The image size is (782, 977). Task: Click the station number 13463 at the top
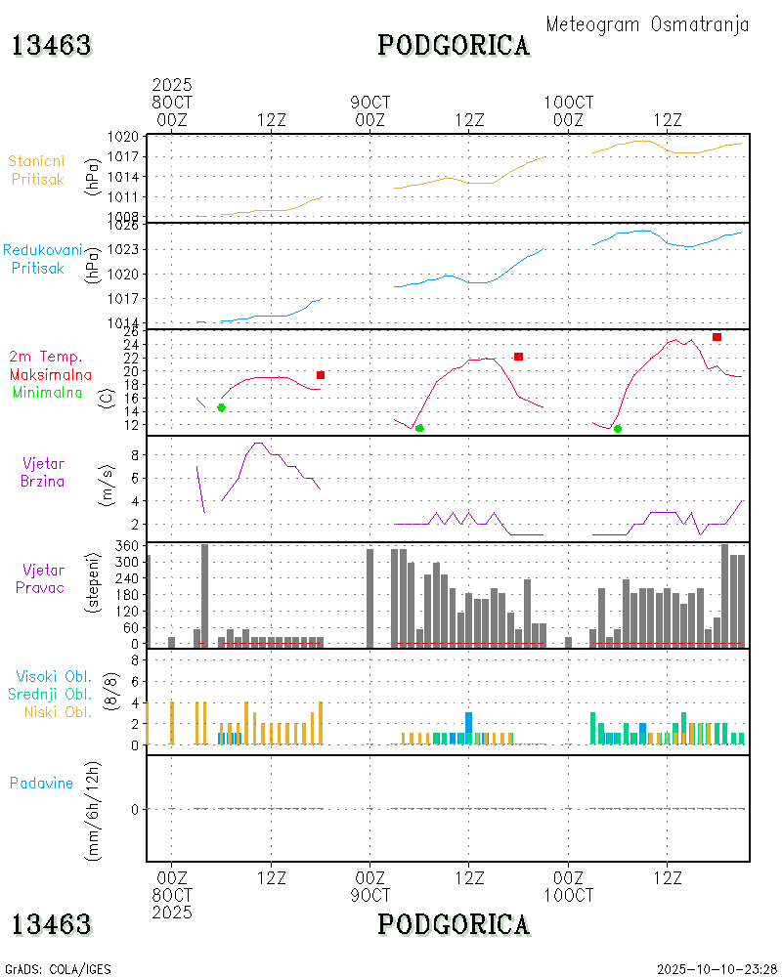(x=52, y=45)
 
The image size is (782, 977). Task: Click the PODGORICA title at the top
(x=454, y=45)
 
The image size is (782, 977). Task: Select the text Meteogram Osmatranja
(x=647, y=24)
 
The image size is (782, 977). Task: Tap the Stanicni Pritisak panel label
(x=37, y=170)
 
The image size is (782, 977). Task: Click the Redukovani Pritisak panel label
(x=41, y=259)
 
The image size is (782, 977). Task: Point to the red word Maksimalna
(x=51, y=374)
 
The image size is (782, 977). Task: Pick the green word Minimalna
(x=48, y=392)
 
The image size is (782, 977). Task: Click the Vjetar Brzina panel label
(x=44, y=472)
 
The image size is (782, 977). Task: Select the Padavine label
(x=41, y=783)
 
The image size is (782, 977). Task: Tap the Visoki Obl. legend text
(x=53, y=676)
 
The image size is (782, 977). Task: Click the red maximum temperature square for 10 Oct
(x=717, y=337)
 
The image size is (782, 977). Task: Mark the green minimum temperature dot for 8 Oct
(x=221, y=407)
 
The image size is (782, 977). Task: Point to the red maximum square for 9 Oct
(x=518, y=357)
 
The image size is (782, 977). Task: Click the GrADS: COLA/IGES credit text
(x=58, y=969)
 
